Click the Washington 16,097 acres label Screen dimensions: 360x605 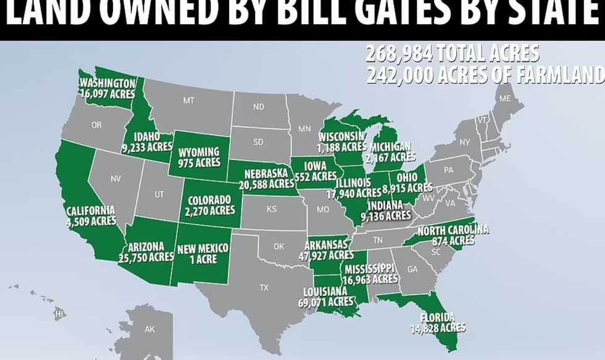(x=107, y=88)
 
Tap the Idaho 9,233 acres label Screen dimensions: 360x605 (x=148, y=142)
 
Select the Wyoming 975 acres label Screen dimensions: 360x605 (x=199, y=157)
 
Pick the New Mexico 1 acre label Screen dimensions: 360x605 (x=203, y=254)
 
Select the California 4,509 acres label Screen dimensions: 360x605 (x=91, y=216)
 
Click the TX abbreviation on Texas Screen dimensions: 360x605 (x=264, y=287)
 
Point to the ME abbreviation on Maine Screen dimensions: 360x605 (x=505, y=99)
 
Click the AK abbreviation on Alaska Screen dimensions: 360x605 (x=150, y=330)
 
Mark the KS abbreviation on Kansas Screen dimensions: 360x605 (x=271, y=209)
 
